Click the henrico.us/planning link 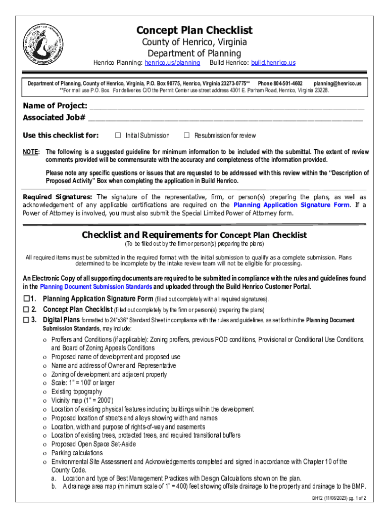click(x=172, y=63)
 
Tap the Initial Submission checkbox click(x=118, y=136)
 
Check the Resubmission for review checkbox click(x=186, y=136)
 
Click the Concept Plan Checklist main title click(x=194, y=30)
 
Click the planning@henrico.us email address click(x=337, y=83)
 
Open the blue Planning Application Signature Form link click(x=291, y=205)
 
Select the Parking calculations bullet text click(x=77, y=453)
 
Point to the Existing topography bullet click(x=76, y=392)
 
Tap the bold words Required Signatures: click(x=58, y=197)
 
